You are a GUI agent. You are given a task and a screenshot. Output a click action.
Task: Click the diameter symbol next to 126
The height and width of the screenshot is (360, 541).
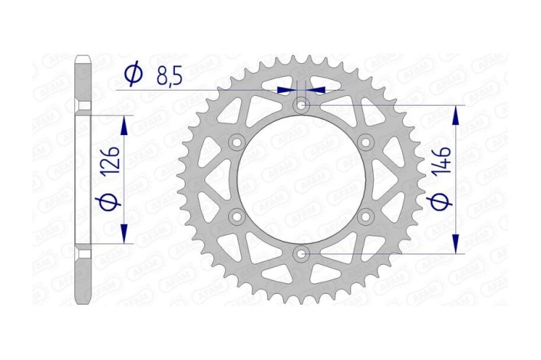click(x=111, y=201)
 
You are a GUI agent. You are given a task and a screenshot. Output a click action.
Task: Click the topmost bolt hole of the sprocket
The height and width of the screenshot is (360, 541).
click(x=301, y=104)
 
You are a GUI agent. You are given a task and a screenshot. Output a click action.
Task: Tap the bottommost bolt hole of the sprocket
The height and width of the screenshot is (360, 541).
click(x=301, y=254)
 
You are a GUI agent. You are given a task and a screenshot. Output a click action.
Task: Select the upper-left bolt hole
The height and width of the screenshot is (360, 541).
click(x=236, y=142)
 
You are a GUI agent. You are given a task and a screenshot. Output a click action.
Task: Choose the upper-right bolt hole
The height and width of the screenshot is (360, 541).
click(x=366, y=142)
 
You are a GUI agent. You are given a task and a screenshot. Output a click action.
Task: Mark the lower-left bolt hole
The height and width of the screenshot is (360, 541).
click(x=236, y=217)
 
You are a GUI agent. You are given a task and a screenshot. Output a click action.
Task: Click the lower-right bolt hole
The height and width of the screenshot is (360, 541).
click(x=366, y=217)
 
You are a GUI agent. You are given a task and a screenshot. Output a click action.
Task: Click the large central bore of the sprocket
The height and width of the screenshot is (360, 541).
click(x=301, y=180)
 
